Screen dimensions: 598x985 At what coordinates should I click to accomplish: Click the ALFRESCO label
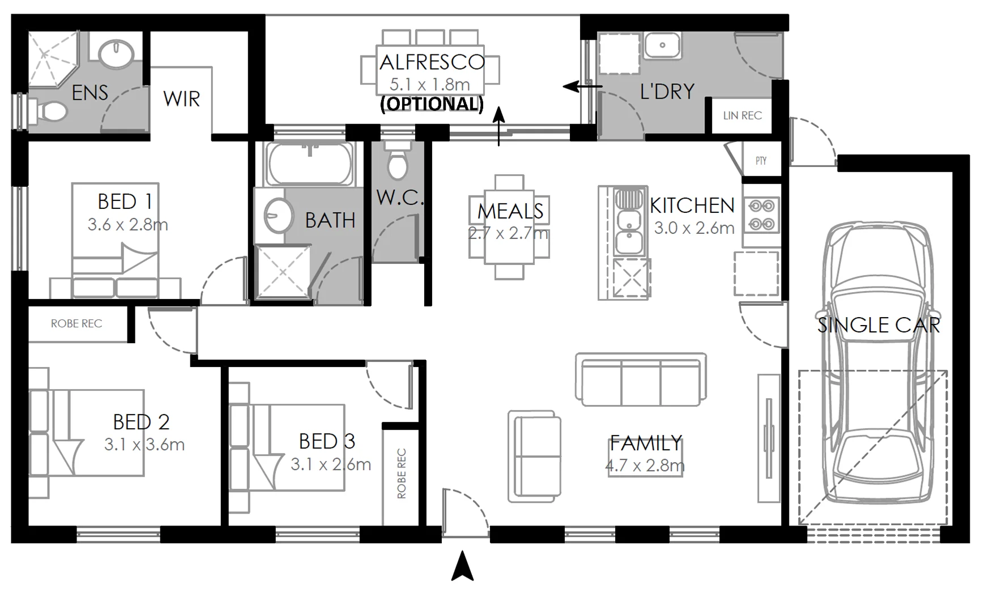click(x=432, y=62)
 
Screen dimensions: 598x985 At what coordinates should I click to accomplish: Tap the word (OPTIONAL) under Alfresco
click(x=432, y=104)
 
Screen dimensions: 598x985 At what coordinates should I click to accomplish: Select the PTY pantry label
click(x=761, y=161)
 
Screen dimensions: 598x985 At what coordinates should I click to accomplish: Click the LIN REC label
click(x=742, y=116)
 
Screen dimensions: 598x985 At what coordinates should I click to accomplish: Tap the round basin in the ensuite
click(x=116, y=54)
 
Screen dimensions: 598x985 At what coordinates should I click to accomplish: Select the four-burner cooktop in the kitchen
click(x=762, y=215)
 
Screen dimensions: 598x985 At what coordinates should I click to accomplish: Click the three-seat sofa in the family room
click(x=641, y=379)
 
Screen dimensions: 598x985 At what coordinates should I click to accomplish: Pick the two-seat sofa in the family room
click(x=535, y=456)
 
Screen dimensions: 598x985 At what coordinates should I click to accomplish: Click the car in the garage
click(x=879, y=362)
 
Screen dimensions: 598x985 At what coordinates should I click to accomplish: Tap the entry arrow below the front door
click(x=463, y=566)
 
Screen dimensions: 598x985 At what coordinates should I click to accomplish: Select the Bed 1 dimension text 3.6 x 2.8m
click(x=127, y=225)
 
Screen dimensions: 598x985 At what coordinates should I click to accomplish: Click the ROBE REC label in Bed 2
click(x=76, y=323)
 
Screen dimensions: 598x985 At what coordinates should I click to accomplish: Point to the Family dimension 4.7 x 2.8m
click(x=645, y=465)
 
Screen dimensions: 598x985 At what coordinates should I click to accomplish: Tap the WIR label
click(x=181, y=99)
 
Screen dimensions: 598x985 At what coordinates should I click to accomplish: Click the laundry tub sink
click(x=662, y=45)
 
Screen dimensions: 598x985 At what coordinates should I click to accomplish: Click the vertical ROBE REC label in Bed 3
click(x=402, y=473)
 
